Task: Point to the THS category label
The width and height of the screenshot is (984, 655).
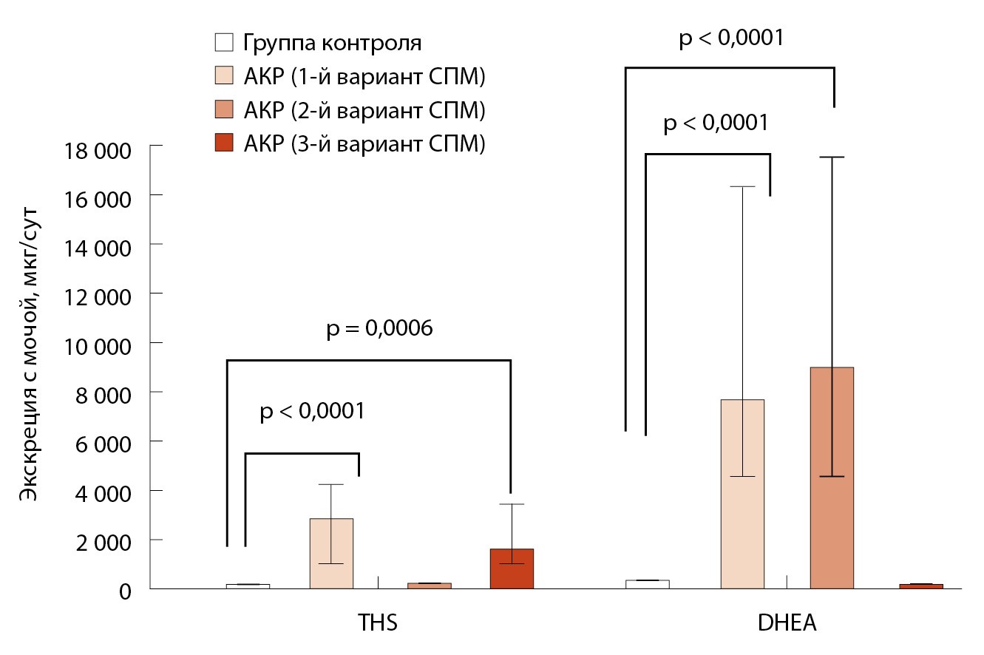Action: tap(378, 622)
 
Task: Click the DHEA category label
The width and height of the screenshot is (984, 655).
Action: tap(787, 622)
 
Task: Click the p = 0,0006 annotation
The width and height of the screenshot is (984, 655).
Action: tap(379, 329)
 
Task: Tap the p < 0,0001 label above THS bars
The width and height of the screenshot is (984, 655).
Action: tap(312, 412)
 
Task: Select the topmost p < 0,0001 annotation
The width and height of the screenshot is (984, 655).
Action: tap(730, 38)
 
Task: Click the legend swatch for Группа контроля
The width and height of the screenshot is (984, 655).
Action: tap(223, 42)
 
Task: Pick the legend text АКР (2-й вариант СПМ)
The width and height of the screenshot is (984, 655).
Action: tap(364, 110)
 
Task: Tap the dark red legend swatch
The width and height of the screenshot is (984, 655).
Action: tap(223, 143)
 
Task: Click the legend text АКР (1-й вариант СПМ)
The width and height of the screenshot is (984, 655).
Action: tap(363, 76)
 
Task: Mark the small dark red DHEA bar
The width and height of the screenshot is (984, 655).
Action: tap(920, 586)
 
